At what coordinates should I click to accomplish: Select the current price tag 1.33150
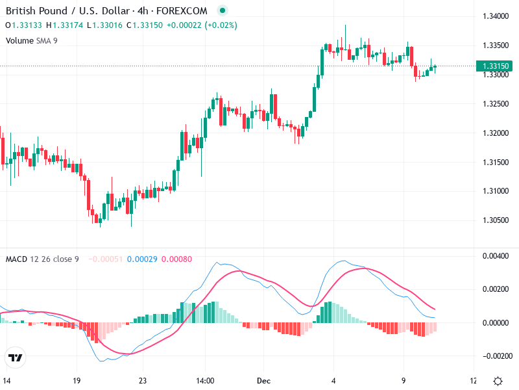pos(495,66)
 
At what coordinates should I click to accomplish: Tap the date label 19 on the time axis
pos(77,381)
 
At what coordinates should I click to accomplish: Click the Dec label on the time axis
pos(263,381)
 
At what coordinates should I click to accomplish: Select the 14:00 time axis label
pos(205,381)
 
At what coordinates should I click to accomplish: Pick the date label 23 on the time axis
pos(143,381)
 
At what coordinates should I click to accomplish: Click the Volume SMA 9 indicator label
pos(32,40)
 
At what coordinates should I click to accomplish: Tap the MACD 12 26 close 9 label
pos(42,259)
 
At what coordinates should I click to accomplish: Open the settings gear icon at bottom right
pos(498,381)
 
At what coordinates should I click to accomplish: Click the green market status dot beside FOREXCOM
pos(223,10)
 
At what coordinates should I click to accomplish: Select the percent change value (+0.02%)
pos(221,25)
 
